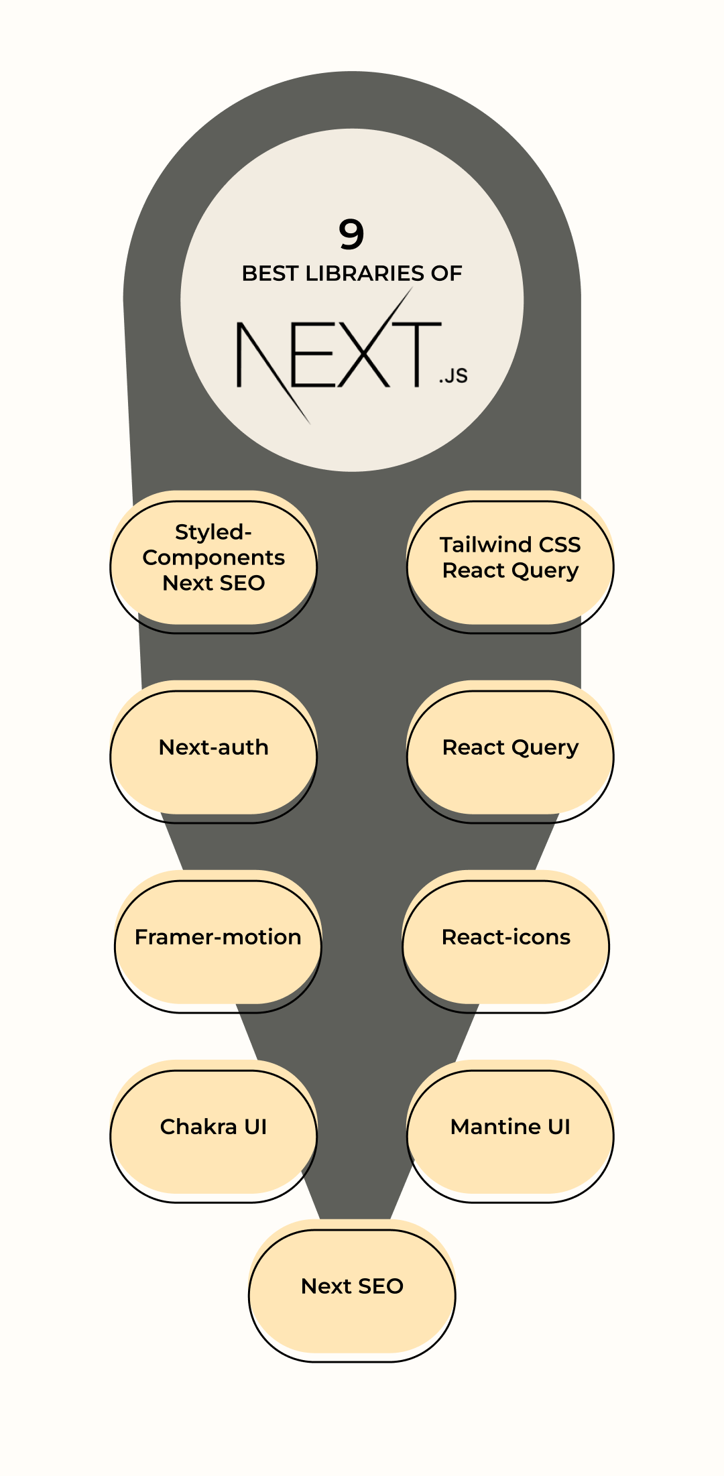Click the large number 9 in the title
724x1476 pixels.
(351, 234)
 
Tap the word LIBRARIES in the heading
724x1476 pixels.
(365, 273)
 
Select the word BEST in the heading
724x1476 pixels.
(269, 273)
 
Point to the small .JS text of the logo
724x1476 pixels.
(453, 376)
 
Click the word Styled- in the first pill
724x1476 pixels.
(213, 532)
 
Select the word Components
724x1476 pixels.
(213, 558)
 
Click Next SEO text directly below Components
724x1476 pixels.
(213, 583)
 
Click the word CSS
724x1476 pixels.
(560, 544)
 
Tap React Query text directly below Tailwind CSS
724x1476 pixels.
(510, 570)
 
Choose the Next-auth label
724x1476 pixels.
(213, 747)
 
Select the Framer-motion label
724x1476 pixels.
(218, 937)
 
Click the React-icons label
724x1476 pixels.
(506, 937)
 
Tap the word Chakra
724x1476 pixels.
(198, 1127)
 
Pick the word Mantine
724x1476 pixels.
(495, 1127)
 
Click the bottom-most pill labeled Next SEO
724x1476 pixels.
(352, 1286)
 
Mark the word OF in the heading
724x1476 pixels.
(446, 273)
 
